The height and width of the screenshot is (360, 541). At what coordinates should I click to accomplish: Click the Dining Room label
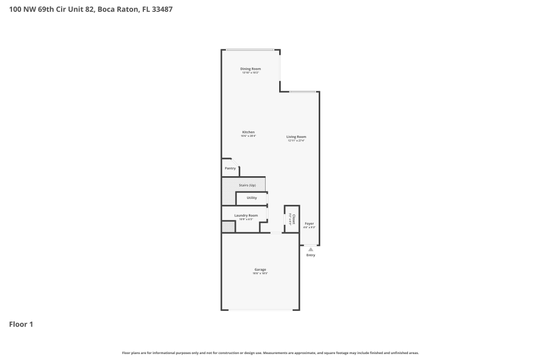[250, 69]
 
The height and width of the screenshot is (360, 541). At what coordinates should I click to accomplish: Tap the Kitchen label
[248, 132]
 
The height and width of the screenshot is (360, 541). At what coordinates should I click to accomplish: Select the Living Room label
[296, 137]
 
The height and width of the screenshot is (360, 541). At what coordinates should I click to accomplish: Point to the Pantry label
[230, 168]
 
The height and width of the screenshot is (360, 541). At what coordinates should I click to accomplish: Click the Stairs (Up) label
[247, 185]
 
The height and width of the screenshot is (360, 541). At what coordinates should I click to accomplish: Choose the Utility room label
[252, 198]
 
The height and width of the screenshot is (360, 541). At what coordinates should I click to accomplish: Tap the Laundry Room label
[246, 215]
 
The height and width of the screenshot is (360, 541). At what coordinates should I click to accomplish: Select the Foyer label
[309, 223]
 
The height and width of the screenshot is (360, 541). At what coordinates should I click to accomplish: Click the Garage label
[260, 269]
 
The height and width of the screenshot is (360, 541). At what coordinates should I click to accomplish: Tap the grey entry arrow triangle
[311, 249]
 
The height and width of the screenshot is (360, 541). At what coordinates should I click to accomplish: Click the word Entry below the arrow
[311, 255]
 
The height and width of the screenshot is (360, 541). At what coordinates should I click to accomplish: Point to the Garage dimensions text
[260, 274]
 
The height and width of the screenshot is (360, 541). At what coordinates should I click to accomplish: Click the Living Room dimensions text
[296, 141]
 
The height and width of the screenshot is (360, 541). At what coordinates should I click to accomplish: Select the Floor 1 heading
[21, 324]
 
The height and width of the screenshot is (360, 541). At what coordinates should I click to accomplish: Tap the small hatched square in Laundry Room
[228, 227]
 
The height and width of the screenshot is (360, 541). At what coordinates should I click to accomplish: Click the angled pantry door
[235, 163]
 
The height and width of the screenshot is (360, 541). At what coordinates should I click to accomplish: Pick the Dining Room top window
[250, 50]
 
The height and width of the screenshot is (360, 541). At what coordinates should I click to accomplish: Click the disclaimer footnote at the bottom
[270, 352]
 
